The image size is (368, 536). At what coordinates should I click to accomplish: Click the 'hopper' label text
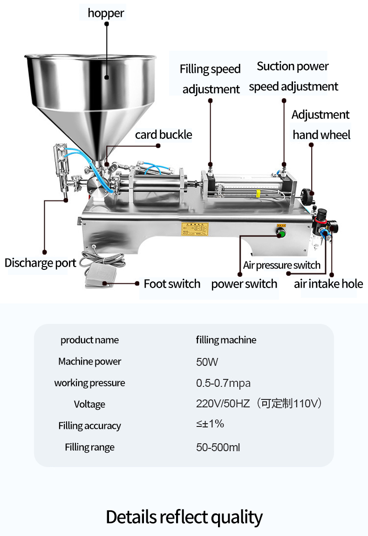(106, 13)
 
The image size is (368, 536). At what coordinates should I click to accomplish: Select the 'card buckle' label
(164, 135)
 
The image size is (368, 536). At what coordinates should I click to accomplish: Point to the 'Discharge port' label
(40, 263)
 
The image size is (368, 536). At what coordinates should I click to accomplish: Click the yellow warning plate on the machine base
(195, 229)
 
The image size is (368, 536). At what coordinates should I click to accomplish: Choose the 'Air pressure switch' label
(282, 265)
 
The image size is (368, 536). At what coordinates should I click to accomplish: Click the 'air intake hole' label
(328, 284)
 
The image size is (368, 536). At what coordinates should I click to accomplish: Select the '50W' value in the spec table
(207, 362)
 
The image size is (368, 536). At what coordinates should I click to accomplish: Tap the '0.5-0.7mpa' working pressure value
(223, 383)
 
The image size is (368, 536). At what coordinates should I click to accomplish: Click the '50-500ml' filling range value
(218, 447)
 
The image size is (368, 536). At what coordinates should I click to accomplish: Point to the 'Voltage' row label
(89, 404)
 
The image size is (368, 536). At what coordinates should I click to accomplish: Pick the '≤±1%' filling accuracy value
(210, 424)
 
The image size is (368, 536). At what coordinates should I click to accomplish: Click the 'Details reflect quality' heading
(184, 517)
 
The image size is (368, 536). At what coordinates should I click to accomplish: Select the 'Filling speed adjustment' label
(211, 79)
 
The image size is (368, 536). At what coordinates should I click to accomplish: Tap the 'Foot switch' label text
(172, 284)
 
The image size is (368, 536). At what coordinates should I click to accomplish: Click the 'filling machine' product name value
(226, 340)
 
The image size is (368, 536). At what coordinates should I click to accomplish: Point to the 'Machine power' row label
(89, 361)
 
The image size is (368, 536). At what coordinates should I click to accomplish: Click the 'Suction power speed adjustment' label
(293, 76)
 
